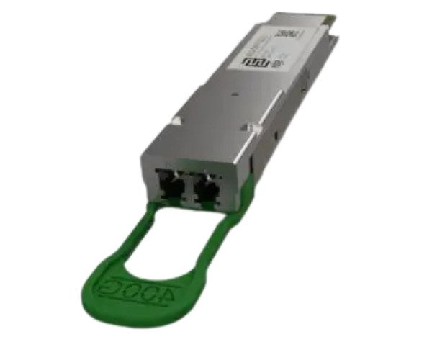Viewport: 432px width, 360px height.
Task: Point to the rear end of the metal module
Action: [x=317, y=18]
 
